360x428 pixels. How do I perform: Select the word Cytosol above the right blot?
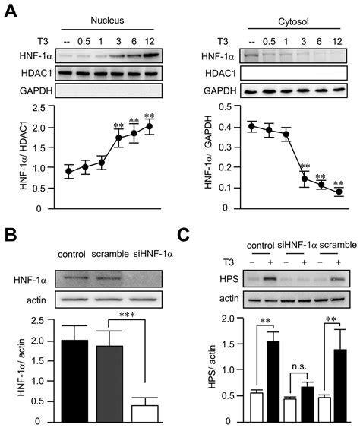[285, 10]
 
